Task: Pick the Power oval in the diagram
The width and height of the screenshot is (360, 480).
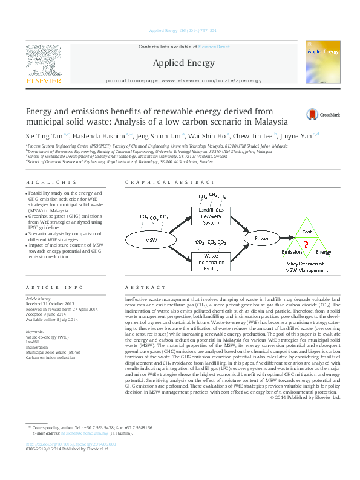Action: coord(262,238)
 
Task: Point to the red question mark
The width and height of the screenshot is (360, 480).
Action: coord(306,244)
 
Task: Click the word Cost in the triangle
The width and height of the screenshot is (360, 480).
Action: coord(307,232)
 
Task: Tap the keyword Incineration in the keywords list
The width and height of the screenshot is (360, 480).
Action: coord(37,346)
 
